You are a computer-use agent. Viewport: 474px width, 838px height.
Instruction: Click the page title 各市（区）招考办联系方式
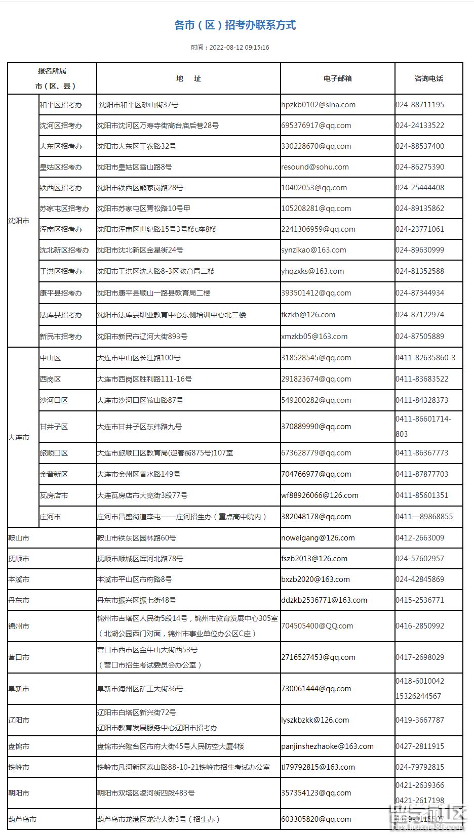click(235, 25)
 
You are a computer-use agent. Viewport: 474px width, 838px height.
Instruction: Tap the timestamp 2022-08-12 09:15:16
click(230, 48)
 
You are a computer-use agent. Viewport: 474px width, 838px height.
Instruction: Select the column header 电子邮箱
click(337, 78)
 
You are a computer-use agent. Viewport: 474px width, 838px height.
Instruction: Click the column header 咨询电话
click(428, 78)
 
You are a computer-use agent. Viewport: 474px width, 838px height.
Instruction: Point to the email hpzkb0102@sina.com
click(318, 105)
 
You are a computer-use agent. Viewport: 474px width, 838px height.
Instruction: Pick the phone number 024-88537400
click(420, 146)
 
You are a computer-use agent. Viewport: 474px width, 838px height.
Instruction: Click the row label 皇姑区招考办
click(61, 167)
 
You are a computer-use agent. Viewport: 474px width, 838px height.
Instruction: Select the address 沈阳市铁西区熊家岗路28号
click(140, 188)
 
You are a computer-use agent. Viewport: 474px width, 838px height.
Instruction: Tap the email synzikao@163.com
click(313, 250)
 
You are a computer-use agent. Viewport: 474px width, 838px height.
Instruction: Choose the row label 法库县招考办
click(61, 315)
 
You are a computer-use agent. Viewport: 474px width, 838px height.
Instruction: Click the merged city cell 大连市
click(19, 437)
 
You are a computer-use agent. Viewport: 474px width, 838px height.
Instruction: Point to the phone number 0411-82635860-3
click(425, 358)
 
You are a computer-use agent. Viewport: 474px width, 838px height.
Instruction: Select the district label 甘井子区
click(54, 427)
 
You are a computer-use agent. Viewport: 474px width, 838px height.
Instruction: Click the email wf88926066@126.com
click(320, 495)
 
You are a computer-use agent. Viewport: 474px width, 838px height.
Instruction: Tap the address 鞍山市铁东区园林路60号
click(137, 538)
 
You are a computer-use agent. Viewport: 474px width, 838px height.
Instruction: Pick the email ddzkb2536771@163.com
click(324, 600)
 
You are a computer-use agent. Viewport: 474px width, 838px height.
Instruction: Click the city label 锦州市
click(19, 626)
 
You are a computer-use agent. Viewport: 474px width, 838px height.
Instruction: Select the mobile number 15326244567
click(418, 696)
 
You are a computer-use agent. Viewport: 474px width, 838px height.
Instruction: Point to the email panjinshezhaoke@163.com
click(327, 746)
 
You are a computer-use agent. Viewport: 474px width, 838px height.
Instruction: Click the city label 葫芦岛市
click(22, 819)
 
